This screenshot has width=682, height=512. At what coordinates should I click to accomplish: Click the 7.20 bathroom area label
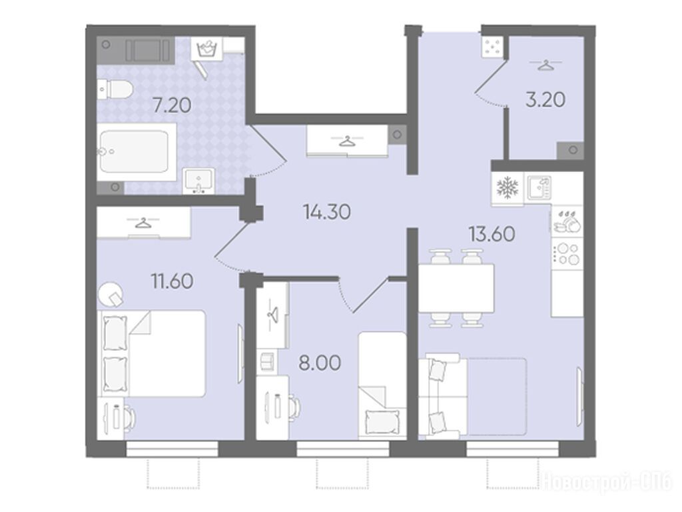[172, 105]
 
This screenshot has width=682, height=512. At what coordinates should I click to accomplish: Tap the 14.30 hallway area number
[327, 212]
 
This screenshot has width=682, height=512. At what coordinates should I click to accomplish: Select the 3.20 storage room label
[545, 100]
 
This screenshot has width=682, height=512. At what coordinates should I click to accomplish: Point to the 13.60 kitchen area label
[492, 234]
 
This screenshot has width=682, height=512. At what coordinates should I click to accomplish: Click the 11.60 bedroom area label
[172, 281]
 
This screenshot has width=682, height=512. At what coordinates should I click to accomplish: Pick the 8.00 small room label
[320, 363]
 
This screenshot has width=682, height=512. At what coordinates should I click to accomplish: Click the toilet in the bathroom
[115, 89]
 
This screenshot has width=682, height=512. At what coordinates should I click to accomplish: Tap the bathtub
[137, 151]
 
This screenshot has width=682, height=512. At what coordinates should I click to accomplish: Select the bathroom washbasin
[198, 180]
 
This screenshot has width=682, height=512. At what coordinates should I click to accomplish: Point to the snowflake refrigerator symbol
[508, 187]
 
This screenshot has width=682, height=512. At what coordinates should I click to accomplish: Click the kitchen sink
[539, 187]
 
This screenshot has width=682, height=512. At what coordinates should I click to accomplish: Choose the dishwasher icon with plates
[567, 221]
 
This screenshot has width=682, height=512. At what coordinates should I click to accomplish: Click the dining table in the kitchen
[456, 288]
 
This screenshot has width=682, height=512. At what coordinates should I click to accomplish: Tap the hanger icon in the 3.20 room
[545, 66]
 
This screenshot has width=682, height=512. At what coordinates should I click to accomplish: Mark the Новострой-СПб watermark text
[607, 482]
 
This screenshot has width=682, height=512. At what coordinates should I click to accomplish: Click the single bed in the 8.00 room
[382, 385]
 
